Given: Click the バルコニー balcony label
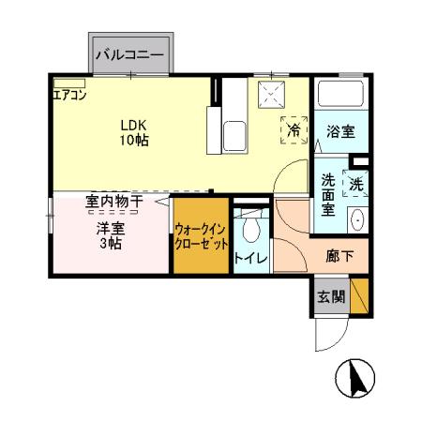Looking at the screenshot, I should [130, 55].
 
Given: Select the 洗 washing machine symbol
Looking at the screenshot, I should [355, 185].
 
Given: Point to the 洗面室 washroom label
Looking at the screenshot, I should [328, 194].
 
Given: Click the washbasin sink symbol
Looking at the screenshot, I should [356, 220].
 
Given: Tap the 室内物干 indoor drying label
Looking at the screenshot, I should [113, 201].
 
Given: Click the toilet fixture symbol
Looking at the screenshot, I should [250, 229].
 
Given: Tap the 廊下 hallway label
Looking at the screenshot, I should [339, 254].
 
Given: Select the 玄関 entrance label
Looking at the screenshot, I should [329, 297].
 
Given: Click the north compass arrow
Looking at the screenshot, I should [357, 379].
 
